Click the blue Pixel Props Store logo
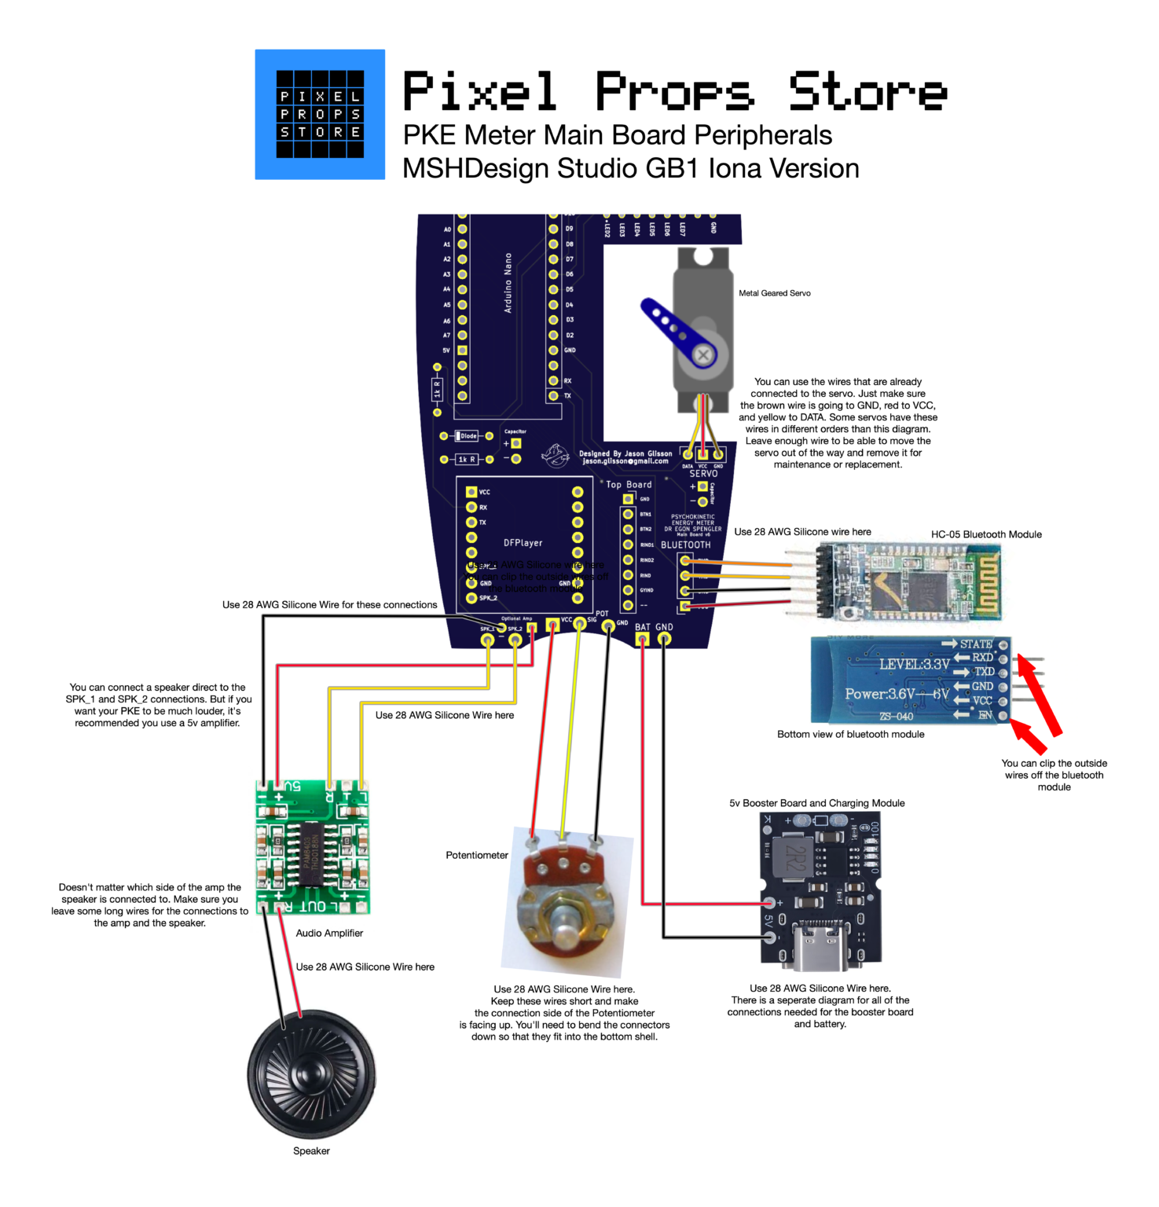pos(320,115)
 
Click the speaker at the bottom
pos(311,1074)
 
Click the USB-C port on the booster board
pos(820,939)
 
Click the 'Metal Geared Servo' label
pos(774,293)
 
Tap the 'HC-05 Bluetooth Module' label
pos(986,534)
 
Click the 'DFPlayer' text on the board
pos(523,543)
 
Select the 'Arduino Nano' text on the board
pos(508,283)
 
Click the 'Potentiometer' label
pos(477,855)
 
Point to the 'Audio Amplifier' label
pos(329,933)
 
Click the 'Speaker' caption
pos(311,1150)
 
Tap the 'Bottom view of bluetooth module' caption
pos(850,734)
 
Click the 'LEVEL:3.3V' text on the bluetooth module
pos(914,665)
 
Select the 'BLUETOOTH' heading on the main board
pos(685,545)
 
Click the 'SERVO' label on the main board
pos(703,474)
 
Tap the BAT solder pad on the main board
pos(643,640)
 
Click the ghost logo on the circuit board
pos(556,454)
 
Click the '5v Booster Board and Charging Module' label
pos(816,803)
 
